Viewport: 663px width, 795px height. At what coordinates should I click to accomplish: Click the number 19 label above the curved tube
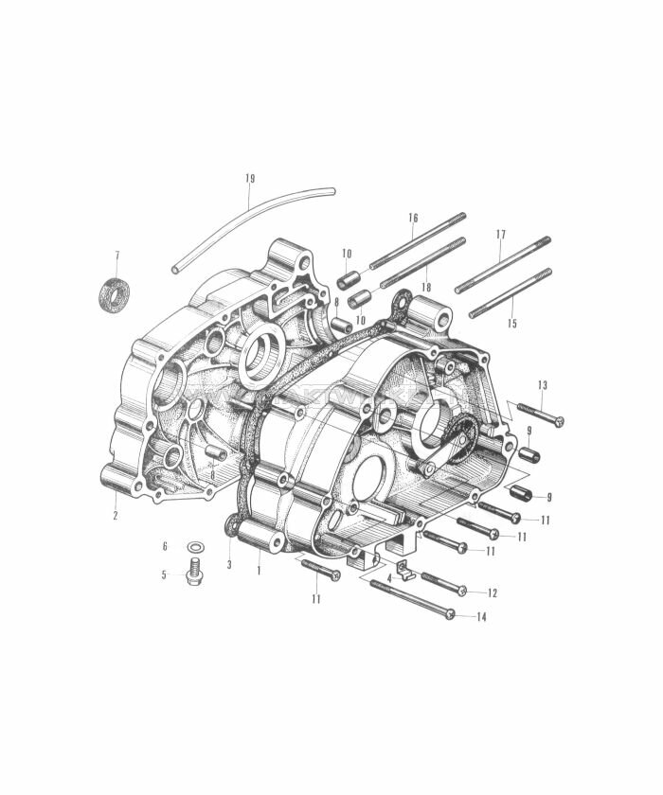pyautogui.click(x=250, y=178)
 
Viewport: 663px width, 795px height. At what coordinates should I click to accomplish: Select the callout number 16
pyautogui.click(x=413, y=218)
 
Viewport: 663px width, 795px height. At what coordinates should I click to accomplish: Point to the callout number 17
pyautogui.click(x=501, y=234)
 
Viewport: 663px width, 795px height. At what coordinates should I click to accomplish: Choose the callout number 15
pyautogui.click(x=512, y=324)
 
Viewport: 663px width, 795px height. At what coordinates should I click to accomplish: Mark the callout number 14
pyautogui.click(x=481, y=617)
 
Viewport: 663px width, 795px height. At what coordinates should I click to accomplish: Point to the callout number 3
pyautogui.click(x=229, y=565)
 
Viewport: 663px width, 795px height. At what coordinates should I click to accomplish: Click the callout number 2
pyautogui.click(x=116, y=516)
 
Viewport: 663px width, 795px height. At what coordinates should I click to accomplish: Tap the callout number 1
pyautogui.click(x=258, y=570)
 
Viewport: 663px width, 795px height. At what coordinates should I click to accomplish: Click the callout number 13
pyautogui.click(x=543, y=385)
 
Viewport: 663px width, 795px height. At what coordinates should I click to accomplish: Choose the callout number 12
pyautogui.click(x=493, y=592)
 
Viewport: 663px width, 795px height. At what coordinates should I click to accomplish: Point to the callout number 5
pyautogui.click(x=164, y=574)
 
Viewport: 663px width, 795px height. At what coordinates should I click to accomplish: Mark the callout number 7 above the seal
pyautogui.click(x=116, y=256)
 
